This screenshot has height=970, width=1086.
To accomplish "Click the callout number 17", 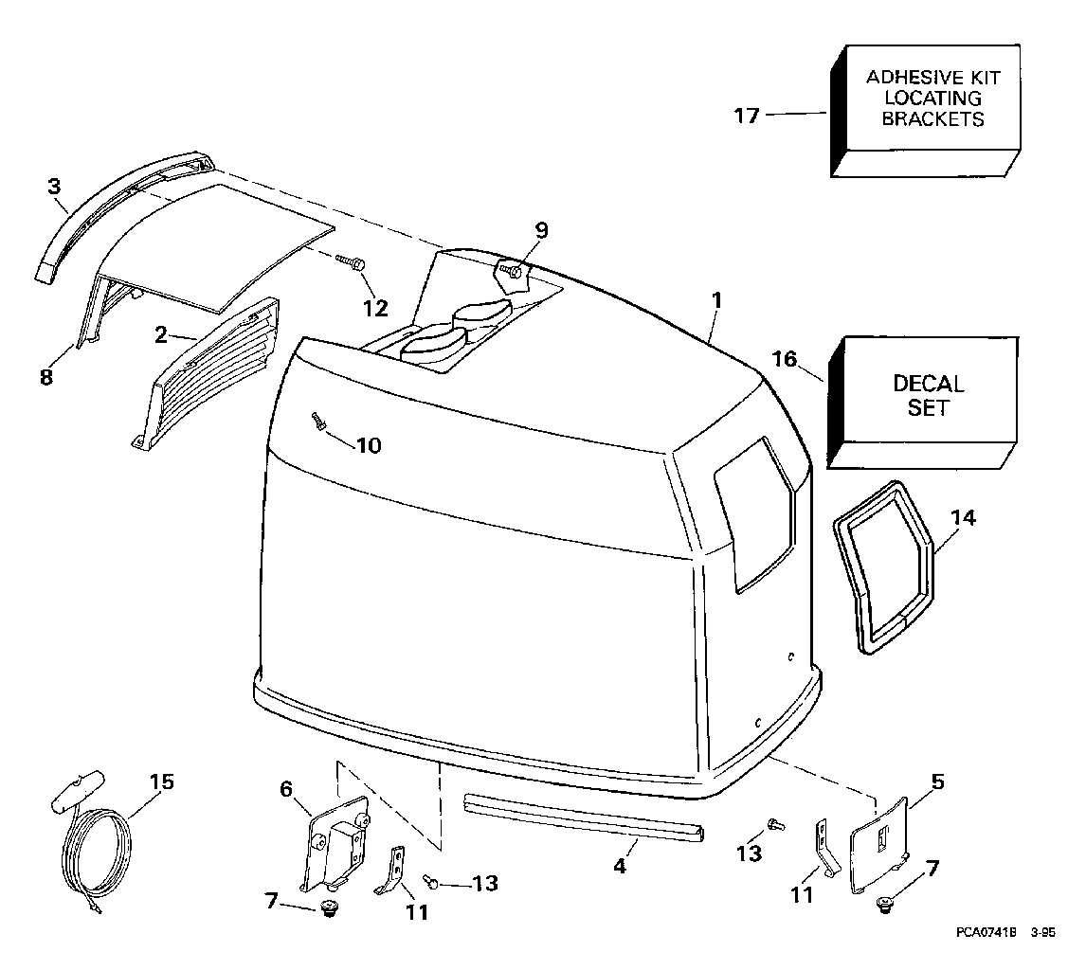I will click(x=747, y=116).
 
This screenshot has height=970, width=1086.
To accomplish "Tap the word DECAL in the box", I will click(x=929, y=385).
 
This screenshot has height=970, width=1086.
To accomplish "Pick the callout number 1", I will click(x=717, y=300).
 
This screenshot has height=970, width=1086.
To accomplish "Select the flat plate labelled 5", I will click(x=880, y=843).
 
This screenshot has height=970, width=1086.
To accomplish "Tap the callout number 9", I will click(x=541, y=230).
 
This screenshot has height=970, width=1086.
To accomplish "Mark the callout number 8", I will click(x=45, y=377).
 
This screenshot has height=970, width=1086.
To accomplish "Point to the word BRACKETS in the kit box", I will click(x=932, y=119).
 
